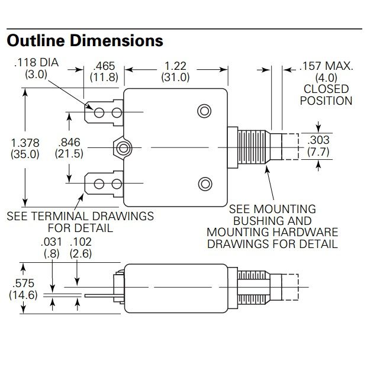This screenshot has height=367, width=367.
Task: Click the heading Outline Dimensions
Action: point(84,40)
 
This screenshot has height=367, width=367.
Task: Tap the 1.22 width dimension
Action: point(176,66)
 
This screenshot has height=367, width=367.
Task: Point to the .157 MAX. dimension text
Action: point(326,66)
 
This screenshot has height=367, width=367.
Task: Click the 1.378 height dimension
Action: point(25,143)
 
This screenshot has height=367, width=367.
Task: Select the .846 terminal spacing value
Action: point(70,143)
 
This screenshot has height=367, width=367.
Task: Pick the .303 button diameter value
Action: point(318,140)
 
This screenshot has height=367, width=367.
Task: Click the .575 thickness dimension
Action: point(22,284)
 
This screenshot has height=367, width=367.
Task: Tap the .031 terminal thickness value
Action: point(51,243)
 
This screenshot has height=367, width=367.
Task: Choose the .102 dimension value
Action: point(80,243)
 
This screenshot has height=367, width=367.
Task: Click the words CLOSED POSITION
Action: point(326,95)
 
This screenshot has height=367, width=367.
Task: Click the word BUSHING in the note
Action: point(272,220)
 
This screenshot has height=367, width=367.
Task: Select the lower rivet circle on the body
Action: point(204,183)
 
